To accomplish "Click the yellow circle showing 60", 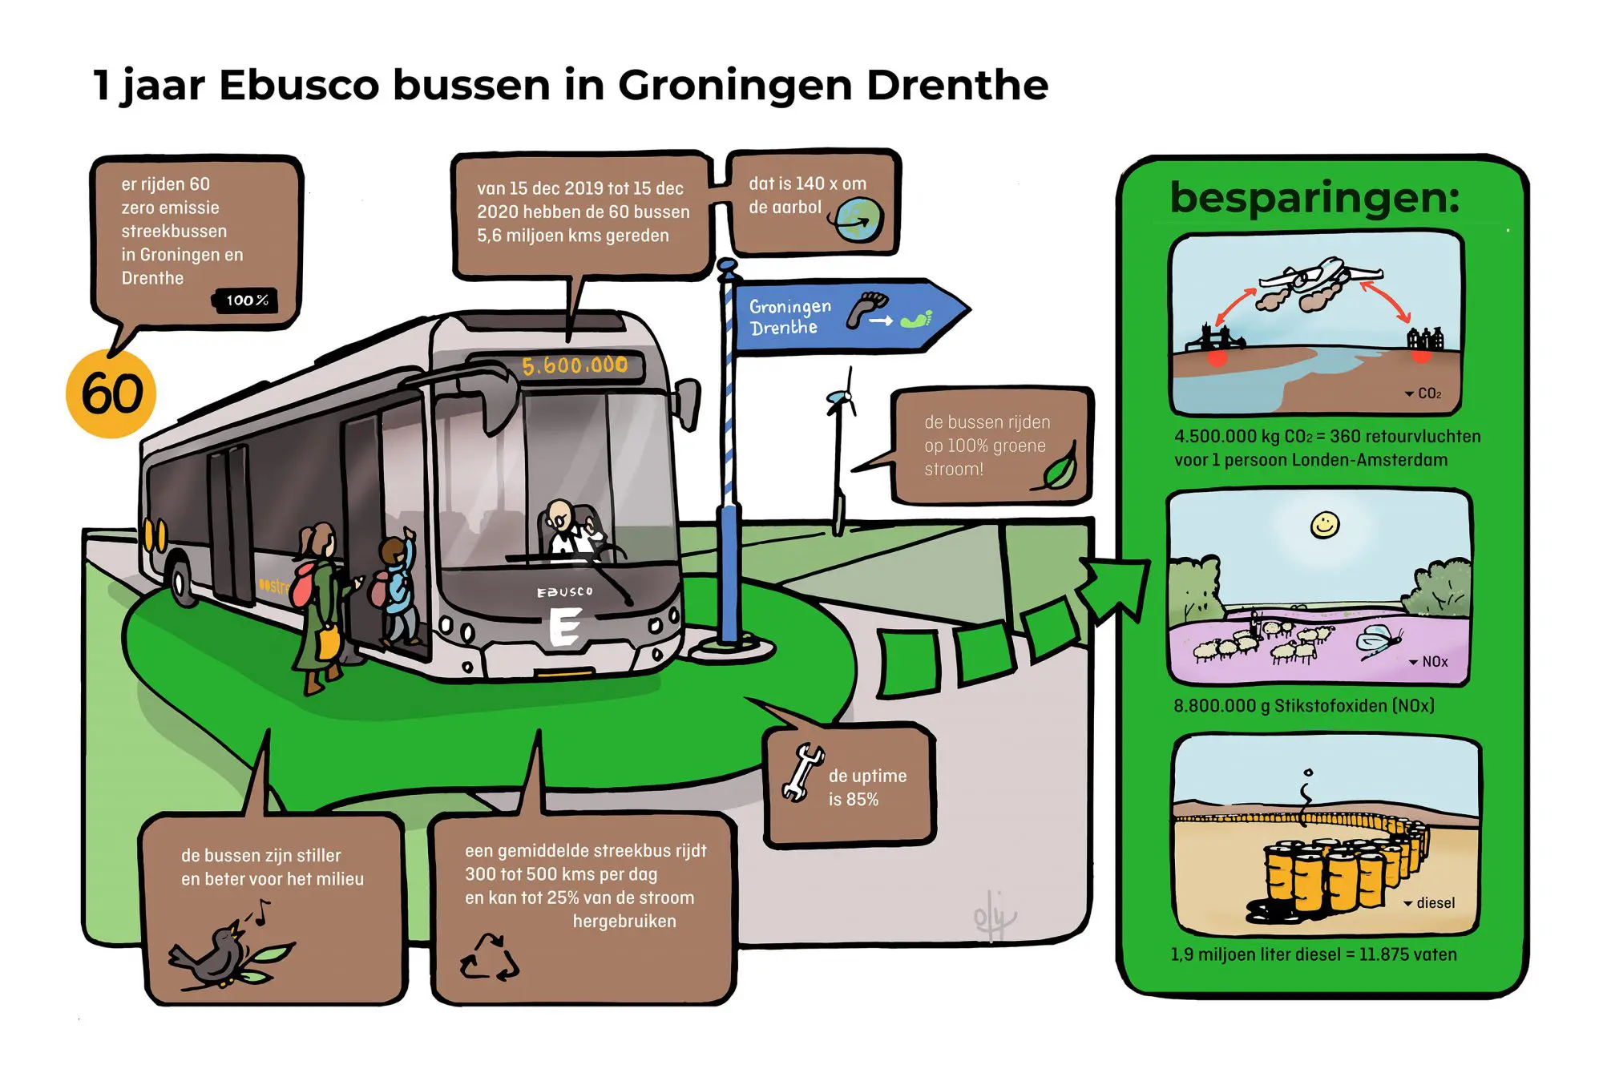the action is point(111,393).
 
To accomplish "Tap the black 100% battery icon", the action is point(245,301).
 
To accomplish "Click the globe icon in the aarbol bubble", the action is point(858,219).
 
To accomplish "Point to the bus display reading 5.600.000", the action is point(574,365).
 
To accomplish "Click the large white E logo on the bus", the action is point(565,627).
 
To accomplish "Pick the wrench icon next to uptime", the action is point(802,772).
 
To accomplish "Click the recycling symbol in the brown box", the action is point(490,957).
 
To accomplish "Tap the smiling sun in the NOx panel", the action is point(1325,525).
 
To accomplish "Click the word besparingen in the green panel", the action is point(1314,199).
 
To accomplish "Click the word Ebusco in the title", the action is point(299,85).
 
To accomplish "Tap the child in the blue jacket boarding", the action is point(397,589).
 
